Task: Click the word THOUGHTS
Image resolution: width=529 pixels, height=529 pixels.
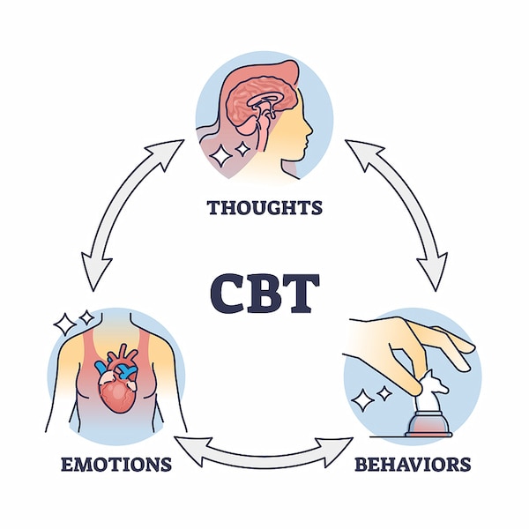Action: point(264,208)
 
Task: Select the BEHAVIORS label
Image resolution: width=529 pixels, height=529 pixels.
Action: point(412,463)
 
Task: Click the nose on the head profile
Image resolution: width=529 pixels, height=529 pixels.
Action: point(308,132)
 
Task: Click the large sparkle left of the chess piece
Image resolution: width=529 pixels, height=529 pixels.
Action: point(362,402)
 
